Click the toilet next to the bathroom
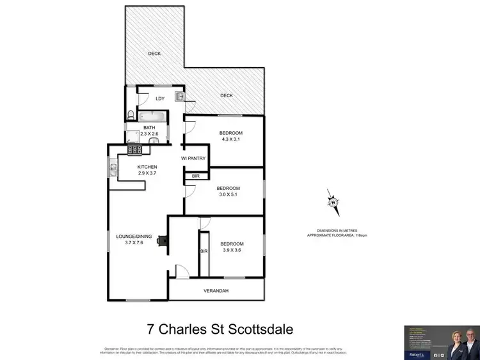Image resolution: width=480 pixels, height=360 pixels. coord(131,115)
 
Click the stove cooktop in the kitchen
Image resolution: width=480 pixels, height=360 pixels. coord(135,150)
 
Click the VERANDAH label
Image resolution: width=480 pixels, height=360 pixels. coord(216,291)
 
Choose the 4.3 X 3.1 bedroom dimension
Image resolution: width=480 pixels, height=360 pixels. coord(231,140)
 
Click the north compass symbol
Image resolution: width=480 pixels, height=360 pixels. coord(333,203)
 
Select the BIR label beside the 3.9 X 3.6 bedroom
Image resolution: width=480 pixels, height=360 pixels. coord(204,252)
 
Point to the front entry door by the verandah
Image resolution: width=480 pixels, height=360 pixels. coord(182,272)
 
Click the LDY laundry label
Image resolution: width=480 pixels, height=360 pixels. coord(160,98)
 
